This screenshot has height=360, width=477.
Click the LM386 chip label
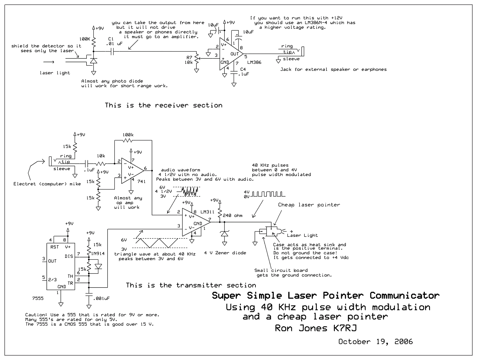(x=254, y=62)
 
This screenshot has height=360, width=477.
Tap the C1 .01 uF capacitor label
(x=114, y=41)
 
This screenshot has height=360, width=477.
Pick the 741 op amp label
(x=141, y=181)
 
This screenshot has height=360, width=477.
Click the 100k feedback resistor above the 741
(x=128, y=140)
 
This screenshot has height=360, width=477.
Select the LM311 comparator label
(x=207, y=212)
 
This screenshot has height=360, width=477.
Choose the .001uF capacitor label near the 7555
(x=101, y=298)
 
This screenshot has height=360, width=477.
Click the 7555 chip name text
(x=38, y=298)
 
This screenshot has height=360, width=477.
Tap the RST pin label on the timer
(x=55, y=247)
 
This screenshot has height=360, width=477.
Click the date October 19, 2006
(x=375, y=342)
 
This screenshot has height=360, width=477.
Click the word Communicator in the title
(x=404, y=296)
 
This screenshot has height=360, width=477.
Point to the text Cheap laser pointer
(x=309, y=205)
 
